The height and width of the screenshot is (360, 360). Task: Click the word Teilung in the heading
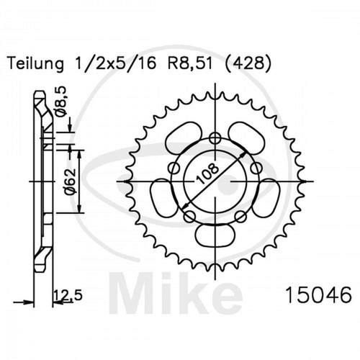36,64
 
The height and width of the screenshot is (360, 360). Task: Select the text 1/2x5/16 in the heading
116,63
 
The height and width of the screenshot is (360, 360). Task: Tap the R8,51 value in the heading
190,63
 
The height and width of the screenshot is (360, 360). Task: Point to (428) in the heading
248,64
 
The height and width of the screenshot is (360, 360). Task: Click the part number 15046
319,295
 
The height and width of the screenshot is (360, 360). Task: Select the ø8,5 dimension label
60,102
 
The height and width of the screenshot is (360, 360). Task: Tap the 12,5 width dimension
68,295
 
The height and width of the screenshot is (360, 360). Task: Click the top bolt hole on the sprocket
215,138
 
